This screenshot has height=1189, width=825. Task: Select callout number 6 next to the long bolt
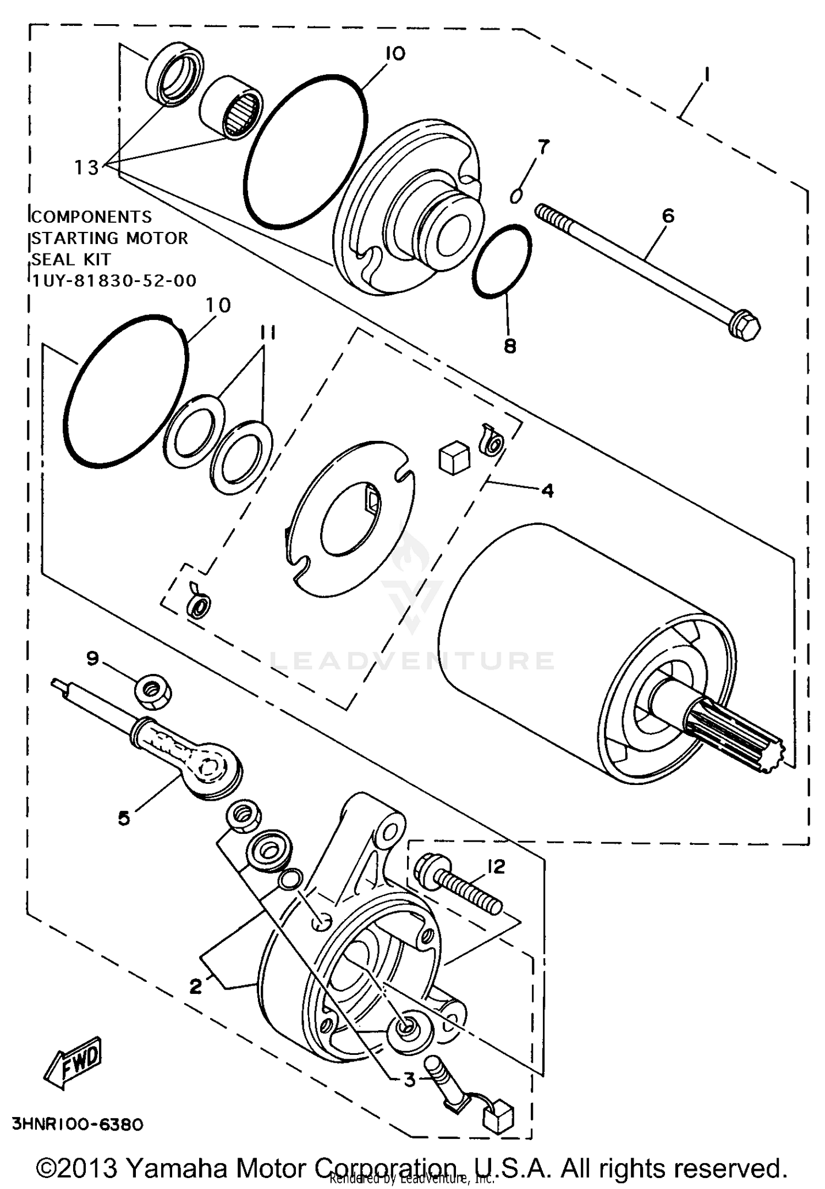[x=668, y=216]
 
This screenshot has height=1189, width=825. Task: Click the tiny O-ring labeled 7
[x=516, y=196]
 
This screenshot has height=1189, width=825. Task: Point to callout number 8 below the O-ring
[x=510, y=346]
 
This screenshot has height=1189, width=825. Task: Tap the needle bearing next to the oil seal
[x=232, y=107]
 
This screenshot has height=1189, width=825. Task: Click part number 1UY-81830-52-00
[x=114, y=281]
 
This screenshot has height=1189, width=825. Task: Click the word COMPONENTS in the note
[x=91, y=217]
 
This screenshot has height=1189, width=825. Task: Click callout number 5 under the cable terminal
[x=124, y=819]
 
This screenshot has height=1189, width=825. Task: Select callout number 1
[x=706, y=74]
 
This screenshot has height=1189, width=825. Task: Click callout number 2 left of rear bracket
[x=196, y=986]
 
